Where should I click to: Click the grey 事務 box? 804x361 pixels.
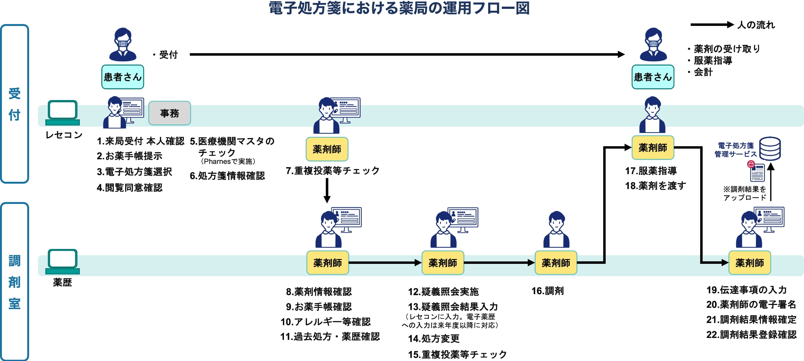pyautogui.click(x=169, y=113)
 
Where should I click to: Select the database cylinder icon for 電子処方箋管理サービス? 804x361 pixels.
pyautogui.click(x=770, y=149)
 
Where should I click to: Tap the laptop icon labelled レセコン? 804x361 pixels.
pyautogui.click(x=62, y=113)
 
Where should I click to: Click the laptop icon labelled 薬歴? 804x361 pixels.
pyautogui.click(x=62, y=262)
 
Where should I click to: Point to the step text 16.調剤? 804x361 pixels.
pyautogui.click(x=547, y=291)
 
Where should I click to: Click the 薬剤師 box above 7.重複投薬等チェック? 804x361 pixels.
pyautogui.click(x=327, y=149)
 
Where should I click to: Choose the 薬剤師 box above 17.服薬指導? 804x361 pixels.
pyautogui.click(x=653, y=148)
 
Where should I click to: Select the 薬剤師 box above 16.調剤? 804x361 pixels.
pyautogui.click(x=556, y=263)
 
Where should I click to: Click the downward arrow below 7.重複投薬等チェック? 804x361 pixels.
pyautogui.click(x=327, y=190)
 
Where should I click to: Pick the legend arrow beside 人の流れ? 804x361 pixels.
pyautogui.click(x=712, y=25)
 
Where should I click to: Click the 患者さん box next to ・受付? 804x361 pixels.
pyautogui.click(x=122, y=77)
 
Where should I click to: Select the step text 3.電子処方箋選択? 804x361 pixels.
pyautogui.click(x=134, y=172)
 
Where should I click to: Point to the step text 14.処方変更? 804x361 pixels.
pyautogui.click(x=434, y=339)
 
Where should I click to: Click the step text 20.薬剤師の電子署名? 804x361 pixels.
pyautogui.click(x=751, y=305)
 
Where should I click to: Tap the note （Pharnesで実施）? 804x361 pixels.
pyautogui.click(x=228, y=161)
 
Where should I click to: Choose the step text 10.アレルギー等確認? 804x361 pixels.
pyautogui.click(x=325, y=322)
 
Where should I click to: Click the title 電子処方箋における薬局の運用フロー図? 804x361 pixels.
pyautogui.click(x=399, y=8)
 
